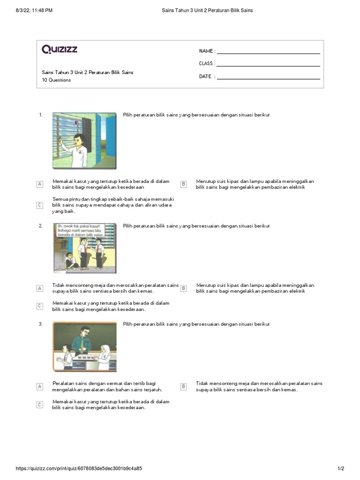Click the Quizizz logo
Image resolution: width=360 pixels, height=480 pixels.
(60, 49)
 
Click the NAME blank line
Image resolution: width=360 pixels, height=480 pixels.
(268, 52)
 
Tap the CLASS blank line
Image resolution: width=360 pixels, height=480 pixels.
(268, 64)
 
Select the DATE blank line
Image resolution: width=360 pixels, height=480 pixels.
(268, 77)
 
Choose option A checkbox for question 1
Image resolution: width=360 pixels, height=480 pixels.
(40, 184)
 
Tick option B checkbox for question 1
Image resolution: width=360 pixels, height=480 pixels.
(184, 184)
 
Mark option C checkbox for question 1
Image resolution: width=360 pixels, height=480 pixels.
(40, 205)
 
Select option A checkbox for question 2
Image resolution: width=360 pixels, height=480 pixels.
(40, 288)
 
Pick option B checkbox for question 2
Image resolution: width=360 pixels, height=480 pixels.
(184, 288)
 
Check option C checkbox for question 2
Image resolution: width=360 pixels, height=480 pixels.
(40, 306)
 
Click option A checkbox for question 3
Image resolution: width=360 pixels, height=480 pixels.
(40, 386)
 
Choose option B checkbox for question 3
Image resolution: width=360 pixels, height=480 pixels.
(184, 386)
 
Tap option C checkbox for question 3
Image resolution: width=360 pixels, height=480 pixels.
(40, 405)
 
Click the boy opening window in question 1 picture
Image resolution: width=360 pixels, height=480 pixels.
(78, 145)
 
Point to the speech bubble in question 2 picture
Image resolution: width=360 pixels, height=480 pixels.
(78, 230)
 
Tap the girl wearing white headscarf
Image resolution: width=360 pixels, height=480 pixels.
(105, 355)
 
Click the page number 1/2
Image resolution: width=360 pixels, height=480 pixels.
(341, 469)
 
